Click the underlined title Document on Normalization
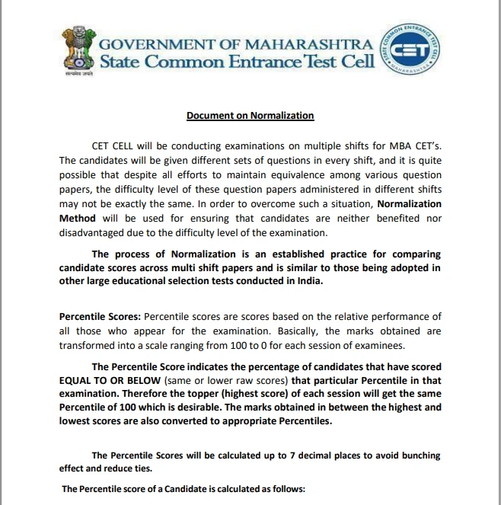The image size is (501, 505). (x=250, y=116)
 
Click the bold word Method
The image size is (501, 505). (x=78, y=218)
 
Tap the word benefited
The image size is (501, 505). (x=399, y=218)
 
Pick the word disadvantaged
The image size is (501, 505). (x=97, y=232)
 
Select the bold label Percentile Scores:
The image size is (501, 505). (x=99, y=316)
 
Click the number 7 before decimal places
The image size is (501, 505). (x=294, y=455)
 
